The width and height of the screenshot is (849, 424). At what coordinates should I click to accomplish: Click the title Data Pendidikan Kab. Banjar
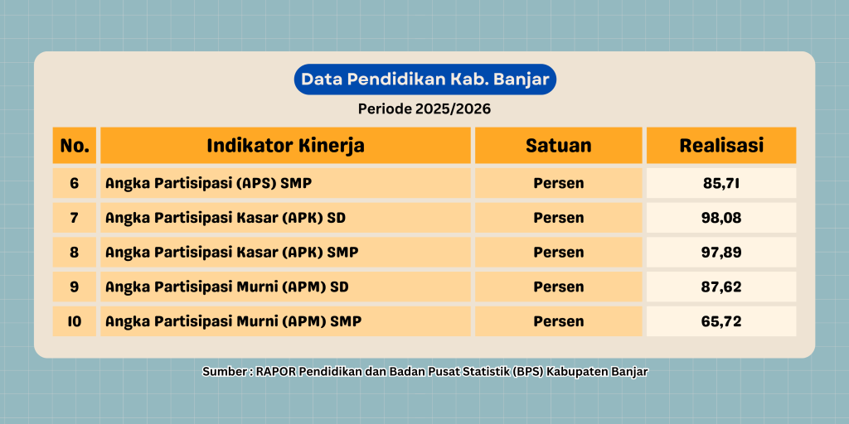pos(425,79)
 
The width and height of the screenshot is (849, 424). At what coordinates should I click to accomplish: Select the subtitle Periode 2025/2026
pos(424,108)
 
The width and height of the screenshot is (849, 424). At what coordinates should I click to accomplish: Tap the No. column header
pos(75,146)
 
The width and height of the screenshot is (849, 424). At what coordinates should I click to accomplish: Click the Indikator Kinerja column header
pos(285,146)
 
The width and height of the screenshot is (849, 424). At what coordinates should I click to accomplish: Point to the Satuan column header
pos(558,146)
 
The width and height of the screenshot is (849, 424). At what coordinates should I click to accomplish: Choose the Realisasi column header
pos(721,146)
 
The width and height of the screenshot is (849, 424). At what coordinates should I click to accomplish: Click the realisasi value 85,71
pos(721,183)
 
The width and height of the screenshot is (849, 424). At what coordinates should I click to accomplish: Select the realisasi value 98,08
pos(721,218)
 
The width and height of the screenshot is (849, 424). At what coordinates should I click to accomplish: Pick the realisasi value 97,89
pos(721,253)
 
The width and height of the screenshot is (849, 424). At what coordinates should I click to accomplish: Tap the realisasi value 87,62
pos(721,287)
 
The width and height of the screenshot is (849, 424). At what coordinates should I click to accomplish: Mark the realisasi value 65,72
pos(721,322)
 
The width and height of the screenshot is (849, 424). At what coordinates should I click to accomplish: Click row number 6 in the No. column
pos(75,183)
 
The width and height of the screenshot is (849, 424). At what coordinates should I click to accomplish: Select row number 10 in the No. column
pos(75,322)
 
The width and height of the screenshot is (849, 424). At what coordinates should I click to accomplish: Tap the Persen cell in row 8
pos(559,253)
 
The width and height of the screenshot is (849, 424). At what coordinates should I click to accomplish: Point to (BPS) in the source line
pos(534,373)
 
